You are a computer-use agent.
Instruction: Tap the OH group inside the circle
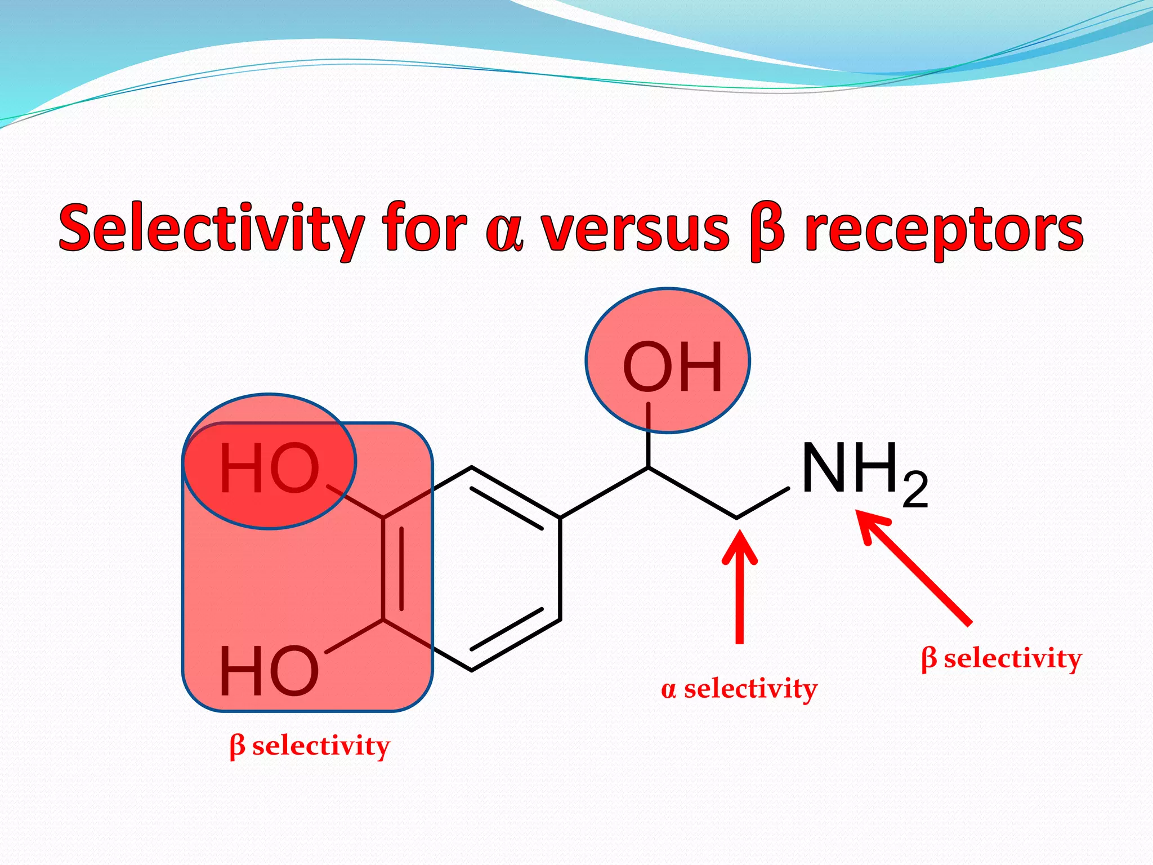click(x=672, y=368)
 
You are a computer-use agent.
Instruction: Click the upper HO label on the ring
click(x=269, y=468)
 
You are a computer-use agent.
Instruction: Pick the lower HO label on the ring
click(x=269, y=671)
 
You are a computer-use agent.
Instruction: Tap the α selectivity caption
click(x=739, y=689)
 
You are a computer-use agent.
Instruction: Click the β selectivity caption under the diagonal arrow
click(x=1002, y=658)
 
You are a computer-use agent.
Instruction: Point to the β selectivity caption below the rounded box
click(x=310, y=746)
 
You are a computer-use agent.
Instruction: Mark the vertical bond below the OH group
click(x=649, y=435)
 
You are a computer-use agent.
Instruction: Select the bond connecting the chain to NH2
click(x=763, y=503)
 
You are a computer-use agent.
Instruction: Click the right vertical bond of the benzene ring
click(x=560, y=569)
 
